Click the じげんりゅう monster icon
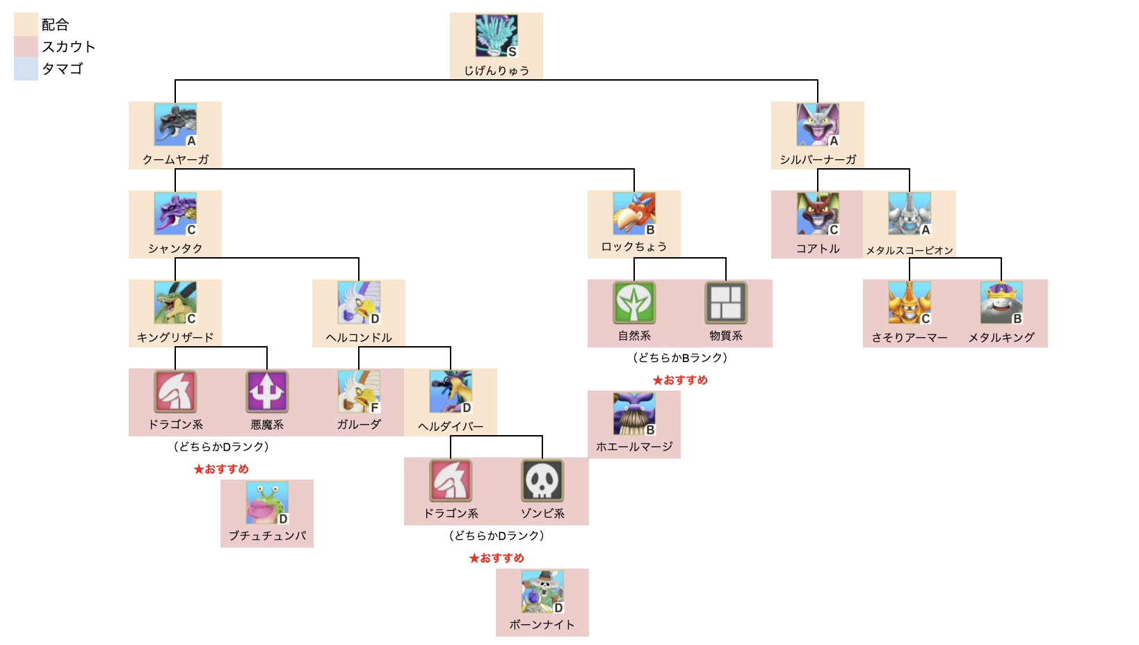[x=496, y=35]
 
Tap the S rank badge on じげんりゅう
[x=512, y=52]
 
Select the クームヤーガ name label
[x=175, y=159]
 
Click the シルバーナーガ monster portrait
[x=817, y=124]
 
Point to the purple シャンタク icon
[x=175, y=213]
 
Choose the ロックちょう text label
[x=633, y=247]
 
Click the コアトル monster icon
[x=817, y=213]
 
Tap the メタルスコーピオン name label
[x=909, y=250]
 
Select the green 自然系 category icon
[x=634, y=302]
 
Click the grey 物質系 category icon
[x=726, y=302]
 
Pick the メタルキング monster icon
[x=1001, y=302]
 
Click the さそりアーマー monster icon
[x=909, y=302]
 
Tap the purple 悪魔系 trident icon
[x=267, y=391]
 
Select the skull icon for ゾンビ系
[x=542, y=480]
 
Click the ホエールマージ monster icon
[x=633, y=414]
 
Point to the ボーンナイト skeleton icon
[x=542, y=591]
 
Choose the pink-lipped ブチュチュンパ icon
[x=266, y=503]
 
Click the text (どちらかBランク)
[x=680, y=358]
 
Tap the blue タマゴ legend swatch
[x=26, y=69]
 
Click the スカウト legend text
[x=68, y=47]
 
